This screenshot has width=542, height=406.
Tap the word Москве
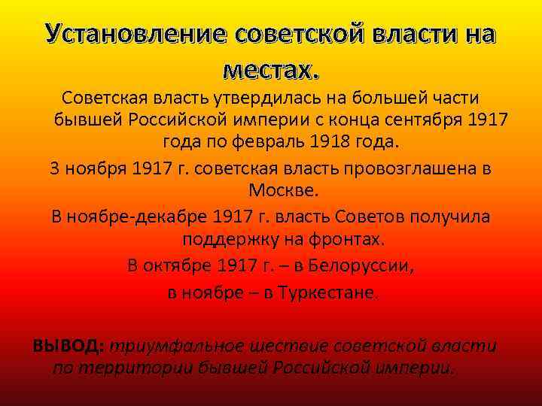click(x=271, y=190)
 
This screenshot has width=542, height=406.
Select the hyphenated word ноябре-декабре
click(x=136, y=217)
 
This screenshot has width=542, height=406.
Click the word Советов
click(x=370, y=217)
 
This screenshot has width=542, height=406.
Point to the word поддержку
click(x=225, y=240)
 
